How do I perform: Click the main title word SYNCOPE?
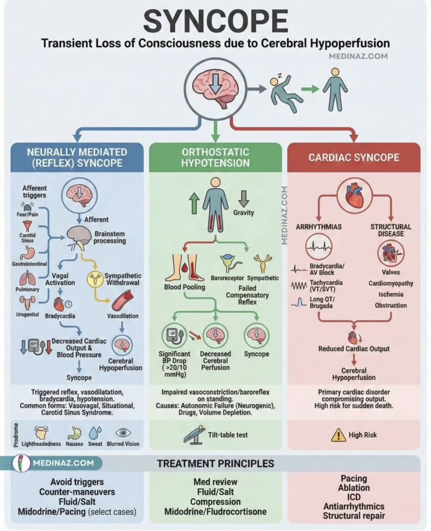[215, 21]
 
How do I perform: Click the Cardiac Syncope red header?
[353, 157]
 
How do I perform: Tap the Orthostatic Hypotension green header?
[215, 157]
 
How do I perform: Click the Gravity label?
[244, 213]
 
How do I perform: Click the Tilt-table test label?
[228, 435]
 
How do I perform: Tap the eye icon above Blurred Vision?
[123, 432]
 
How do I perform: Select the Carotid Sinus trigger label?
[27, 238]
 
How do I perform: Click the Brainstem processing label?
[110, 237]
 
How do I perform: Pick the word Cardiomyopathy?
[391, 283]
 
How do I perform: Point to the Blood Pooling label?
[184, 287]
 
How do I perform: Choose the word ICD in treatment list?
[353, 497]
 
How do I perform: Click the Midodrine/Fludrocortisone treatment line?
[215, 512]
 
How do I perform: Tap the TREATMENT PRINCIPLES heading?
[215, 463]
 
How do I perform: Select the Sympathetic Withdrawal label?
[123, 279]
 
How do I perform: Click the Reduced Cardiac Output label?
[353, 349]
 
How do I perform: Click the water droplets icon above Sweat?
[95, 433]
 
